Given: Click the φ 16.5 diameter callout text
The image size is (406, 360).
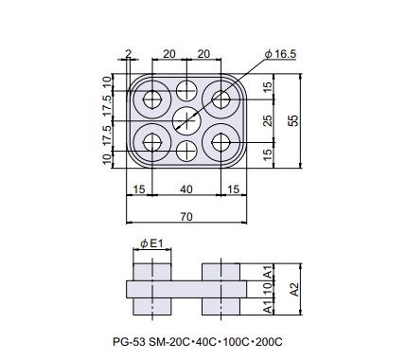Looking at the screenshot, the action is coord(281,54).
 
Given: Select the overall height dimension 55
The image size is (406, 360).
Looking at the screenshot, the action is coord(293,120).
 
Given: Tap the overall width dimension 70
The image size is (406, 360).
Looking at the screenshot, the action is coord(186,217).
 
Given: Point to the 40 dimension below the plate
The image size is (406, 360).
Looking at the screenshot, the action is coord(186,189).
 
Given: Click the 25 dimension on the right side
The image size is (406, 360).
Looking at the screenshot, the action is coord(267,120).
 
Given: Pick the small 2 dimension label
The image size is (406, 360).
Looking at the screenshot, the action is coord(128,54).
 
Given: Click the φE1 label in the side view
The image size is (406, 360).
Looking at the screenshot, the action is coord(151,243).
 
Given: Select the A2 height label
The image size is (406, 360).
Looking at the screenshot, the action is coord(294,289).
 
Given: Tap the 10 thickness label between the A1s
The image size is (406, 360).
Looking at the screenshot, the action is coord(267,289).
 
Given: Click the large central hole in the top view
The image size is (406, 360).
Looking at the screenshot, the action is coord(186,120).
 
